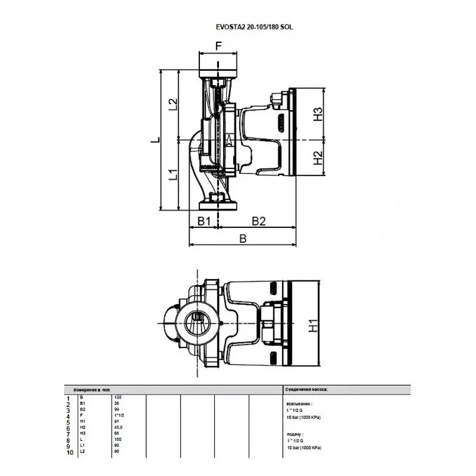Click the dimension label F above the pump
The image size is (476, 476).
pos(218,46)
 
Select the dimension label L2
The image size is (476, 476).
pos(173,104)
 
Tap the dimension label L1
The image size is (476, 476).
pos(173,175)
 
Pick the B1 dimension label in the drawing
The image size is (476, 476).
pos(204,221)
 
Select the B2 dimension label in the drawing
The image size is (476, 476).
pos(258,221)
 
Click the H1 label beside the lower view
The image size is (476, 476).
pos(313,326)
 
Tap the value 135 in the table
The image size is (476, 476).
pos(118,397)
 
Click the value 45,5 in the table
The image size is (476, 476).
pos(119,428)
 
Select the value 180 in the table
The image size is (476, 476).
pos(118,440)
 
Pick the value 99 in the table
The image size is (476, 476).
pos(117,409)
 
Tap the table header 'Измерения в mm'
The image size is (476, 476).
pos(91,389)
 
